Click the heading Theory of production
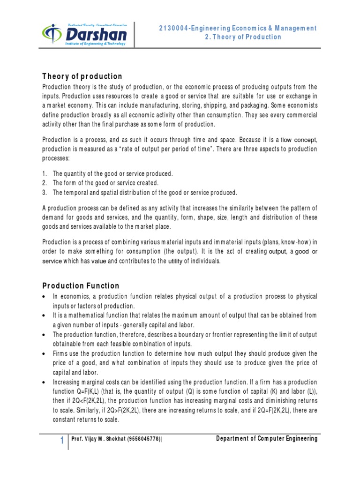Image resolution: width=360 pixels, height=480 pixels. [82, 76]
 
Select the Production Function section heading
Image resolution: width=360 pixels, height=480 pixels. [81, 285]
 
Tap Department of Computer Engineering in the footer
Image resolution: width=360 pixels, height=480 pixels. [267, 439]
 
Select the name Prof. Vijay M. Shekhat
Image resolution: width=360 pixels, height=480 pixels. [98, 439]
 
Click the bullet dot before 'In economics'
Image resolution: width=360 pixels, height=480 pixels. [44, 297]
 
